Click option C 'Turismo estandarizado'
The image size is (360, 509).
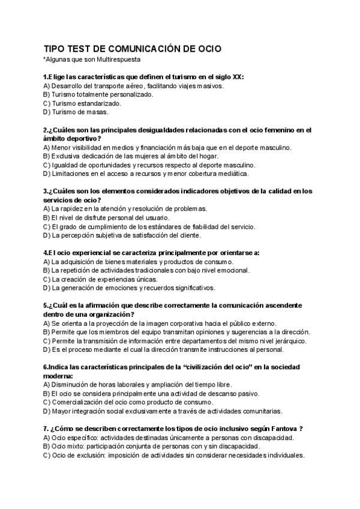pos(82,103)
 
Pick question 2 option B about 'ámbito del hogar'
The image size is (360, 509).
pos(131,155)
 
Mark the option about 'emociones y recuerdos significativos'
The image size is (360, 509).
pos(128,288)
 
